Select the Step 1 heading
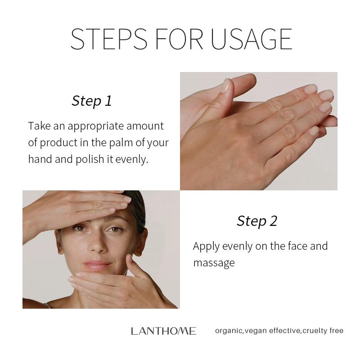pyautogui.click(x=91, y=101)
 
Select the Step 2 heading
pyautogui.click(x=257, y=221)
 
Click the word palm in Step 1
pyautogui.click(x=118, y=143)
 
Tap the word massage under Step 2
pyautogui.click(x=214, y=263)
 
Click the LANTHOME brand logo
pyautogui.click(x=163, y=331)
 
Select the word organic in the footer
pyautogui.click(x=229, y=331)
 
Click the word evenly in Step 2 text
pyautogui.click(x=231, y=246)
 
